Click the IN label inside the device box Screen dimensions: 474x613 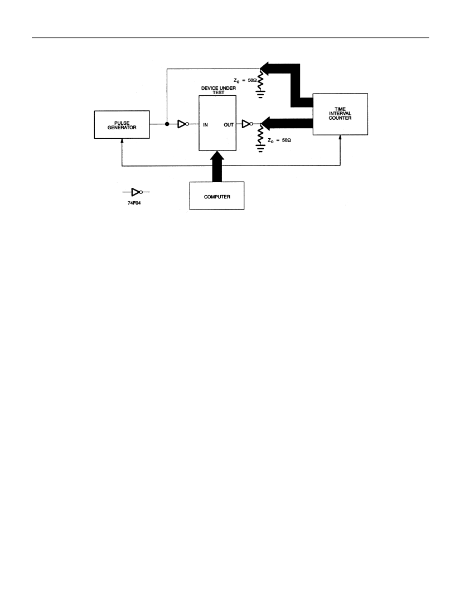205,125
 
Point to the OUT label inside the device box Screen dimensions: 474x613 229,125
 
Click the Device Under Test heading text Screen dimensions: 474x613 218,90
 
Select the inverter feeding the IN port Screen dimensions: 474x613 183,124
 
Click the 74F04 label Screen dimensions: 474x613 134,203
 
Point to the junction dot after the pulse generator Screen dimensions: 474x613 167,124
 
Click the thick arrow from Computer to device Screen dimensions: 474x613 217,166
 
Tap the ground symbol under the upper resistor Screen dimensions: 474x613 260,94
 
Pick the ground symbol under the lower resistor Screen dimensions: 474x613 260,149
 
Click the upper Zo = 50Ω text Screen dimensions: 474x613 245,81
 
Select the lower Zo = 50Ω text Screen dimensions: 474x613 279,140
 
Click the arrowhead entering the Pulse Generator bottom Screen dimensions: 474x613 122,141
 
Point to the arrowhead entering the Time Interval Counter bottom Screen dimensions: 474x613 340,138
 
